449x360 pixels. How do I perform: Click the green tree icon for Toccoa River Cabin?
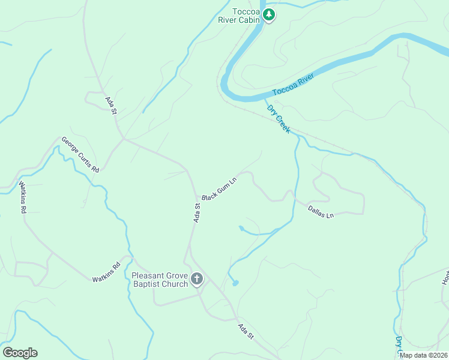270,15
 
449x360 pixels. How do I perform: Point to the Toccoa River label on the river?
294,85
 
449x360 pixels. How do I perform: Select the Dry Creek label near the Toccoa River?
279,119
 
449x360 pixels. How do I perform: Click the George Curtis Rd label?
80,155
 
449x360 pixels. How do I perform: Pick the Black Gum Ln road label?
219,188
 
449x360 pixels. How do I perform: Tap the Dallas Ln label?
321,211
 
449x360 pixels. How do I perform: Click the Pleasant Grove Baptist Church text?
160,280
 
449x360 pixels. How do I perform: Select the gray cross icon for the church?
197,279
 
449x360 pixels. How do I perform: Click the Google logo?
20,353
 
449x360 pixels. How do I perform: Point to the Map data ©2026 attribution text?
424,355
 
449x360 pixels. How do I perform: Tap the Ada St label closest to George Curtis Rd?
110,106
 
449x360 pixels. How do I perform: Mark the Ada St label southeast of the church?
246,332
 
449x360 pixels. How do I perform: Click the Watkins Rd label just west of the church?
106,272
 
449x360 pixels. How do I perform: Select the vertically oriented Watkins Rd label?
23,197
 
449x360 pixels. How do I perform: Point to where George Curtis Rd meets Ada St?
124,139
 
